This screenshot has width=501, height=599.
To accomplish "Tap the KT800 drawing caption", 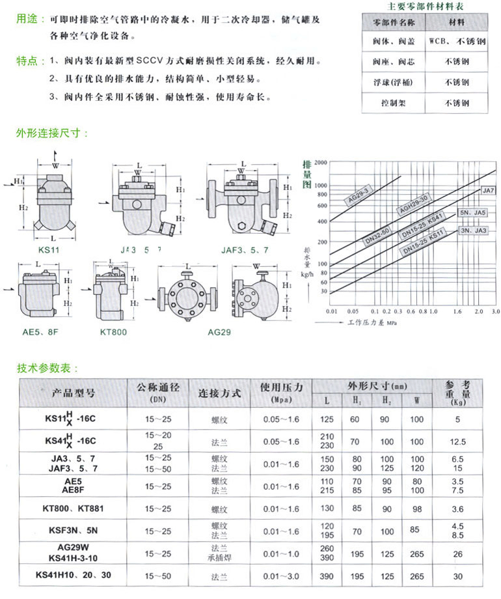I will coord(113,331).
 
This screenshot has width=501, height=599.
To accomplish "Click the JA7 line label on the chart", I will coord(488,191).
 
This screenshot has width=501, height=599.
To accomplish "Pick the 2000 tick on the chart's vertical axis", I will coord(318,162).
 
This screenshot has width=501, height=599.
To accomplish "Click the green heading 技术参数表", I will coord(47,368).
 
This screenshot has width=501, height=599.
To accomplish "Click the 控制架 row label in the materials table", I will coord(398,103).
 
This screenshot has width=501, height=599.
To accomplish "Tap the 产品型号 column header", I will coord(73,393).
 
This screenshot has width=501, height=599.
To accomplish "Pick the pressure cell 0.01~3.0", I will coord(282,576).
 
